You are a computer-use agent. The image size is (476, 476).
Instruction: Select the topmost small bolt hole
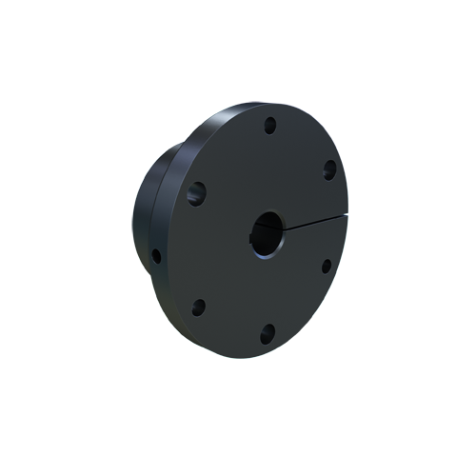click(270, 124)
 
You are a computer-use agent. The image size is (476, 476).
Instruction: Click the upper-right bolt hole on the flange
click(328, 169)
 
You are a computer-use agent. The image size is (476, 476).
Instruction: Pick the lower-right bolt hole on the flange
click(326, 266)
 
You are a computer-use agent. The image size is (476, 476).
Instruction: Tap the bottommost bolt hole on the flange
click(268, 332)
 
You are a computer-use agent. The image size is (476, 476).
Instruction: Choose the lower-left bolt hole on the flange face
click(199, 307)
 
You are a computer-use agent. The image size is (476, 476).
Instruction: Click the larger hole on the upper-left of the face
click(196, 193)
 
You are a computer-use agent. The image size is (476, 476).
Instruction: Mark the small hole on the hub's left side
click(155, 255)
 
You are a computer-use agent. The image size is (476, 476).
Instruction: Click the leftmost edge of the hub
click(133, 228)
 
